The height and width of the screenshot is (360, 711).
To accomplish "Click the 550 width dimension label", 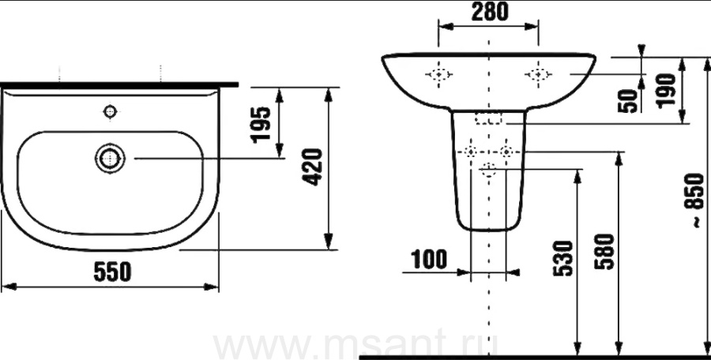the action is (112, 272).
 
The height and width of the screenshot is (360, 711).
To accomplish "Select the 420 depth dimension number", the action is (313, 167).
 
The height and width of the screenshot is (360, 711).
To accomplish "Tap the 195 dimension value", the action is (261, 125).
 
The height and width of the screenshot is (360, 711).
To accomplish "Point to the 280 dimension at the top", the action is (490, 13).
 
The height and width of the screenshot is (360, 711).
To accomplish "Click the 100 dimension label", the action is (429, 260).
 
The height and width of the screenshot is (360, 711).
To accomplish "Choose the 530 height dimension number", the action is (563, 258).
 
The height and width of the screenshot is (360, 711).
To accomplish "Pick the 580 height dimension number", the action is (604, 252).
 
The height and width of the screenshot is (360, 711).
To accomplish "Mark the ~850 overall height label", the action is (694, 201).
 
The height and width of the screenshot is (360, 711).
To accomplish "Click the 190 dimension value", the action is (667, 91).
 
